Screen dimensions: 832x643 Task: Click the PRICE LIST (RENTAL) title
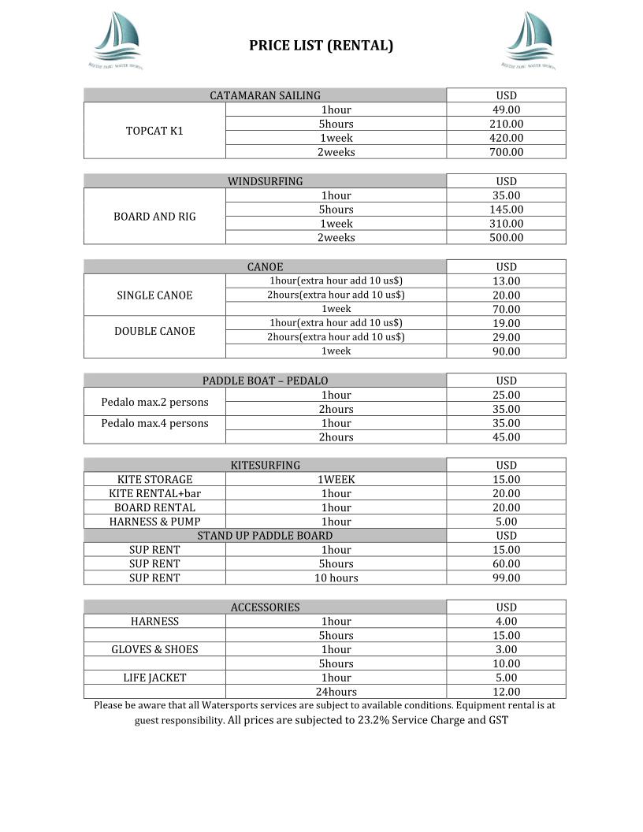point(321,46)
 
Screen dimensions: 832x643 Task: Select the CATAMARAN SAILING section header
point(265,95)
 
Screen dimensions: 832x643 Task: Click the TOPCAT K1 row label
point(154,131)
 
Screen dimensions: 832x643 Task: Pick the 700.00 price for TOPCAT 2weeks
point(506,152)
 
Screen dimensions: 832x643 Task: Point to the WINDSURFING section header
point(265,181)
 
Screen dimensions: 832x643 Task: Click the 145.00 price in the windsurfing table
point(506,210)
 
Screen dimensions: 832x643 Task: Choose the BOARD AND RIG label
point(154,217)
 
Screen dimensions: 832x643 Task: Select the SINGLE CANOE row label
point(154,295)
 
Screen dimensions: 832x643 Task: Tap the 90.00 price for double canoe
point(506,351)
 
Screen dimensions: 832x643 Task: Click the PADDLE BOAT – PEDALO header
point(265,381)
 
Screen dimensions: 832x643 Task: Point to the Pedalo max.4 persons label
point(154,423)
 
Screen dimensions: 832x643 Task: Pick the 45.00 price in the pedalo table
point(506,437)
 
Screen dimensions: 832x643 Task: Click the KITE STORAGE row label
point(154,479)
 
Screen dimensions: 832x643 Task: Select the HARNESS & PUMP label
point(154,522)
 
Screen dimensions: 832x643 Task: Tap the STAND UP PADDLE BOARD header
point(265,536)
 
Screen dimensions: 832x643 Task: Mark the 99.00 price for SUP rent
point(506,578)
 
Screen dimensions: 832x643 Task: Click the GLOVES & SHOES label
point(154,649)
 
